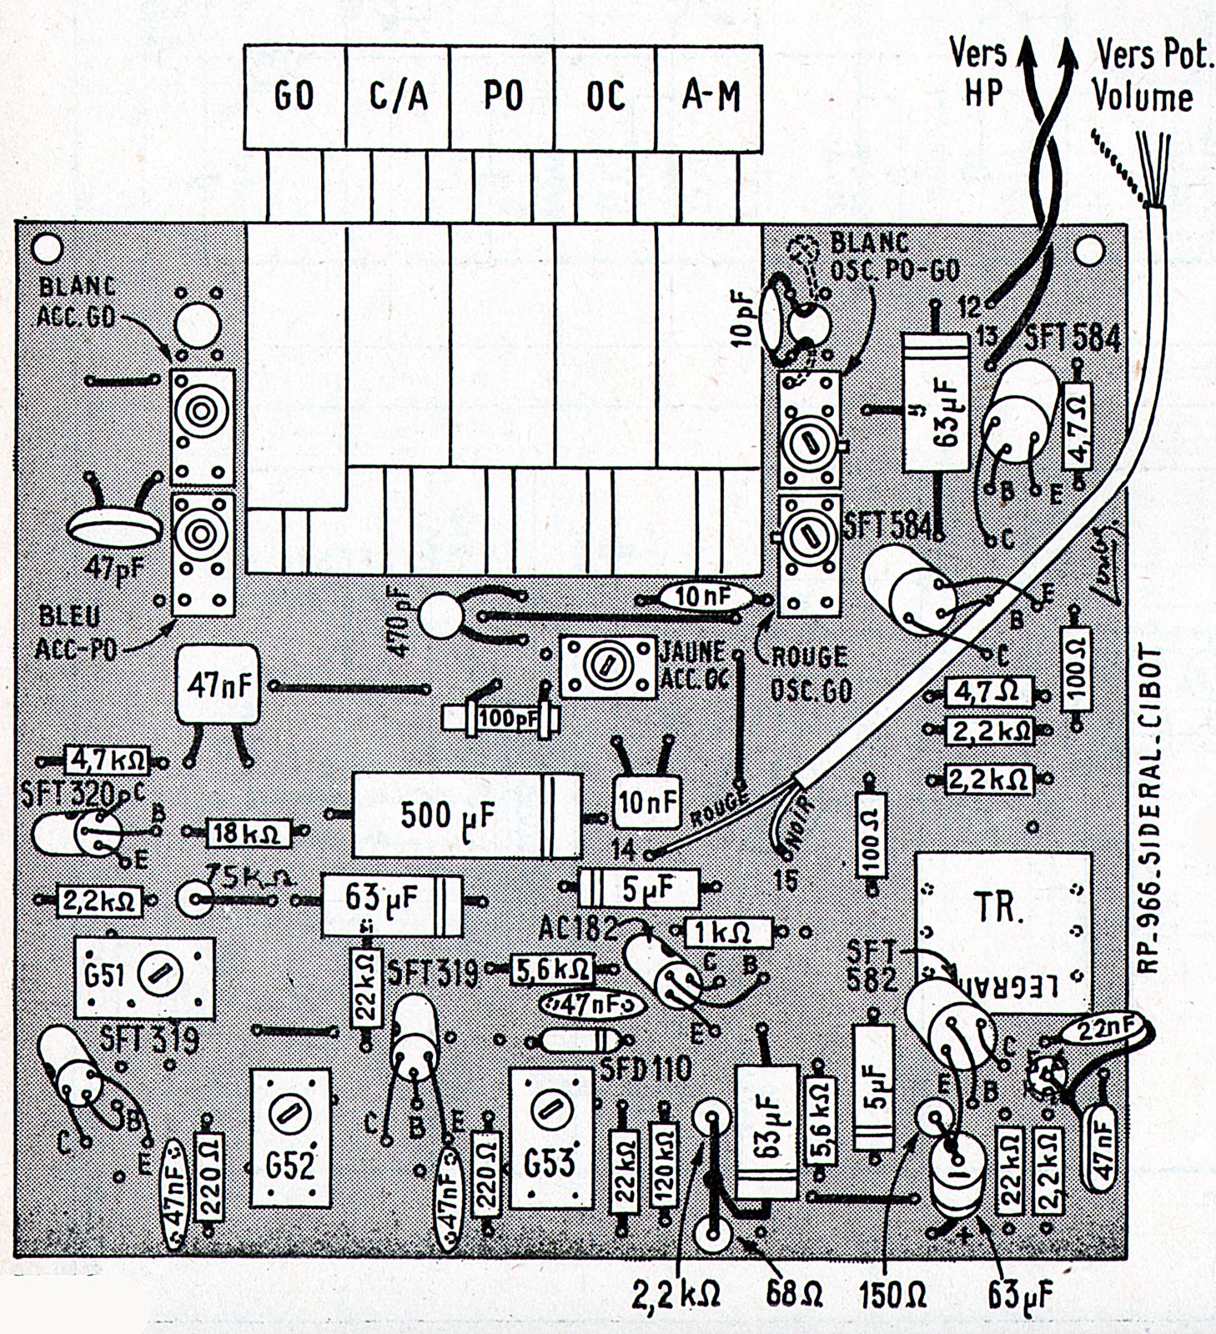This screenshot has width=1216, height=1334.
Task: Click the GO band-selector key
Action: pos(294,98)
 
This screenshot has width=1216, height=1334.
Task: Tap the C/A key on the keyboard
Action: pos(398,98)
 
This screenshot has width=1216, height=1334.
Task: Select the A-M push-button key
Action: pos(710,98)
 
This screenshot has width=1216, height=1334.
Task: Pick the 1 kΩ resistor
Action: pos(728,931)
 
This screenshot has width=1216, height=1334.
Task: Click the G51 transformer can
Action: pos(144,977)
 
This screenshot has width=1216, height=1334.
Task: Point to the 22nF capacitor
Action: pos(1101,1031)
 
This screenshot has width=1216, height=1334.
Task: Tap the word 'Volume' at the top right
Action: pos(1143,97)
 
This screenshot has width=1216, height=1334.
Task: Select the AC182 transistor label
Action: pos(578,928)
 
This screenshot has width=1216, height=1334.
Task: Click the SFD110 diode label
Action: pos(646,1068)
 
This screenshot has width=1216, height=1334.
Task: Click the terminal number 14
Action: pos(624,850)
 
